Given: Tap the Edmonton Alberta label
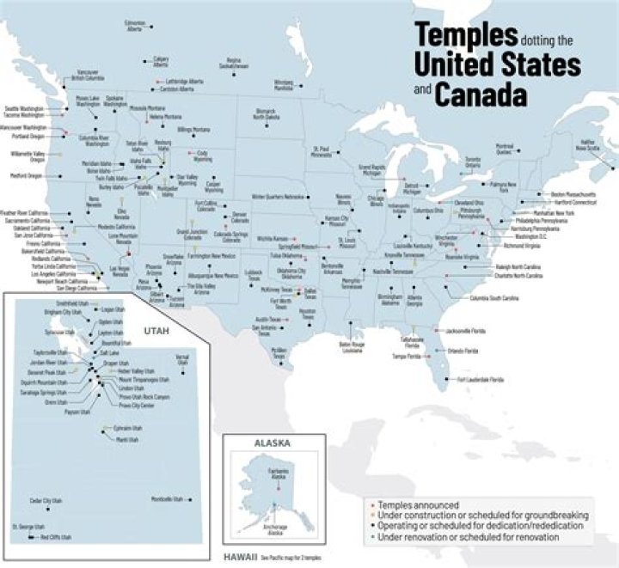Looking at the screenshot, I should click(134, 26).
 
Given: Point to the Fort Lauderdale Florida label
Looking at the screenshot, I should click(481, 379).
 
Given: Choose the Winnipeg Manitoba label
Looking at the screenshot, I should click(283, 85).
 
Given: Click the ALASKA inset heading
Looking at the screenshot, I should click(273, 443).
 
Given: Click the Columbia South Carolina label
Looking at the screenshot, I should click(494, 297).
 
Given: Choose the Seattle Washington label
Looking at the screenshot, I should click(24, 109).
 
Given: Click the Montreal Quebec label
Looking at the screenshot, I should click(505, 148).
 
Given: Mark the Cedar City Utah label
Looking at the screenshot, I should click(46, 500).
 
